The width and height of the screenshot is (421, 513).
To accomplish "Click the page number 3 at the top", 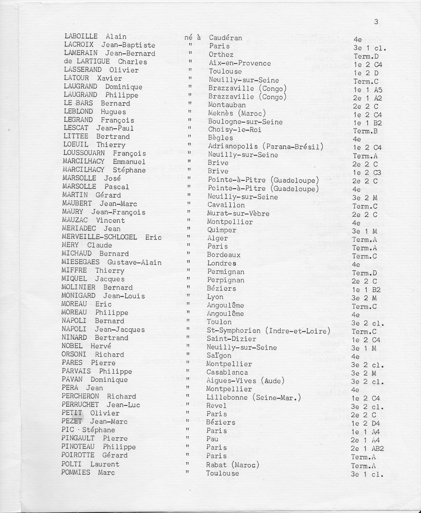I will [376, 22].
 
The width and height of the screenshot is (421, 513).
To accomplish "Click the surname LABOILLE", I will [81, 36].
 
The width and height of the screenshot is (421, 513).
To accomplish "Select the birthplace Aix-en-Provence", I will [240, 63].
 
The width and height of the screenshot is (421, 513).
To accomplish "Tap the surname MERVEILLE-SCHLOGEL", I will [99, 237].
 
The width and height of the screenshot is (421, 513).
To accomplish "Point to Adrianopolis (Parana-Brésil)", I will [266, 147].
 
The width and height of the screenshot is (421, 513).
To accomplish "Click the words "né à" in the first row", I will [193, 37].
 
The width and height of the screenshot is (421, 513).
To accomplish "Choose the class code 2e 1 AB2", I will [367, 449].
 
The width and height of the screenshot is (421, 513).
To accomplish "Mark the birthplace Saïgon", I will [219, 356].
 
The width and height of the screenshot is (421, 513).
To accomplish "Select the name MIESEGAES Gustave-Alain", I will [111, 262].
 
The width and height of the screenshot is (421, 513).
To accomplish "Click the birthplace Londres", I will [222, 264].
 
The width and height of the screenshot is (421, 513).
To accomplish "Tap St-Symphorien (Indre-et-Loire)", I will [268, 331].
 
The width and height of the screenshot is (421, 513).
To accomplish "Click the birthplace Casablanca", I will [227, 373].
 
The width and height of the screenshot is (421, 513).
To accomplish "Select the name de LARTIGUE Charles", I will [105, 62].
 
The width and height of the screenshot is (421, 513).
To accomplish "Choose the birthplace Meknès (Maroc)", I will [237, 113].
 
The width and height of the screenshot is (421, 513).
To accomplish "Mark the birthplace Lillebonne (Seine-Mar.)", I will [253, 398].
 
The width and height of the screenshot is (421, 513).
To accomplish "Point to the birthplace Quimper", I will [221, 230].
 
